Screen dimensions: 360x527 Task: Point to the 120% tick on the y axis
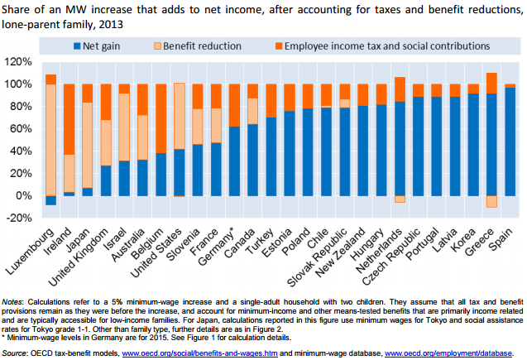26,62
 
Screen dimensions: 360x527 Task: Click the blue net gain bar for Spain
510,141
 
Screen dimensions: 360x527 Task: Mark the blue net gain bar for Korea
473,144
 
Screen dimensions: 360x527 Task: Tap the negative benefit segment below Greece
492,201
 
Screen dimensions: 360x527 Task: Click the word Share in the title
18,8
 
